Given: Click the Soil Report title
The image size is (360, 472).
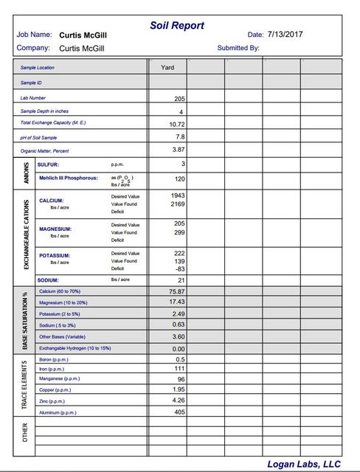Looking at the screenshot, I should (177, 25).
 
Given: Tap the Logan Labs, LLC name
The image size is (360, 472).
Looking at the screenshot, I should (304, 463).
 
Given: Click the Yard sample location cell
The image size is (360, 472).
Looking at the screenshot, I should (167, 67).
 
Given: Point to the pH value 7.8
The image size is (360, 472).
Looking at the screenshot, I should (179, 137).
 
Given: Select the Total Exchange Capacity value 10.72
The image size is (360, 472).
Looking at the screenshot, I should (176, 125).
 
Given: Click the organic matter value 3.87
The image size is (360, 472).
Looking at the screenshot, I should (178, 150).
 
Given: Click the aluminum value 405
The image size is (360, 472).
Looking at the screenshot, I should (178, 412).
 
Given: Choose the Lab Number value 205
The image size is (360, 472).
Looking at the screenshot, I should (179, 99).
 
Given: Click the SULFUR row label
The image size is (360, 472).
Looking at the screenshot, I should (48, 164).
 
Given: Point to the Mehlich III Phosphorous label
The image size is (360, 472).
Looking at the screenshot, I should (67, 178).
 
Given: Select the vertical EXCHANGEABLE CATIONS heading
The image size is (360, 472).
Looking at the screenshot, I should (27, 233).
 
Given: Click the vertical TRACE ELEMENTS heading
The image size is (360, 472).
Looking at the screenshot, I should (26, 385).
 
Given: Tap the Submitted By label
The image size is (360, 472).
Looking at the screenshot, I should (238, 48).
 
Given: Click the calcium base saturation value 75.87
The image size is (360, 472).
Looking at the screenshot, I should (176, 291).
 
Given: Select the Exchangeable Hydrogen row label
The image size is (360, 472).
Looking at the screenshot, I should (74, 348).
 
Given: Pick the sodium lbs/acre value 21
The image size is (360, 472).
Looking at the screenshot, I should (180, 280).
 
